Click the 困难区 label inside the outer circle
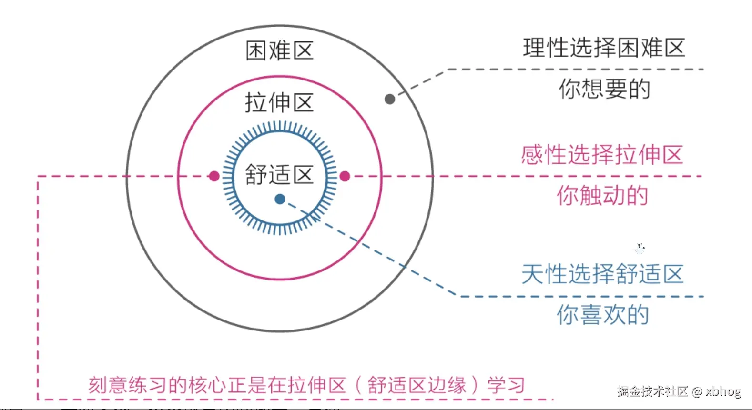279,50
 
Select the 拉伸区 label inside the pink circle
279,102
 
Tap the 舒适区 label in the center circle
279,174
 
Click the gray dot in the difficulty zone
390,99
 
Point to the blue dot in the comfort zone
280,199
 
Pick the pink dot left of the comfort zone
214,176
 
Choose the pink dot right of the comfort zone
345,176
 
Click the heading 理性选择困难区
604,48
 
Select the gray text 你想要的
604,89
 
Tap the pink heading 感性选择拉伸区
602,155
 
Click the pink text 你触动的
602,195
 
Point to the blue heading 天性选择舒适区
602,274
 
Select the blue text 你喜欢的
603,315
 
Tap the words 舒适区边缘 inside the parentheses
417,385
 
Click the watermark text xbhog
723,391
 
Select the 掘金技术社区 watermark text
652,391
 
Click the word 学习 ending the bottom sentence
506,385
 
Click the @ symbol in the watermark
697,392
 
